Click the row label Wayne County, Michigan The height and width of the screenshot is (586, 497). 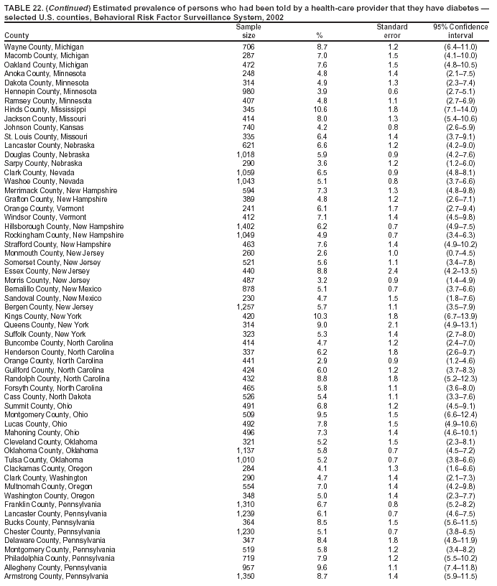(x=44, y=47)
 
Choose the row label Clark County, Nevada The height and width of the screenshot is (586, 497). (x=40, y=172)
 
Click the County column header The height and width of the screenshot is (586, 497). (x=17, y=35)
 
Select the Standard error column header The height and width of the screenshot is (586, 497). (x=391, y=31)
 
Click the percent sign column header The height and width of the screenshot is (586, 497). (x=319, y=35)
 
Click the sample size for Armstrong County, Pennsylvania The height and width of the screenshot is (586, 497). (x=246, y=576)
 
